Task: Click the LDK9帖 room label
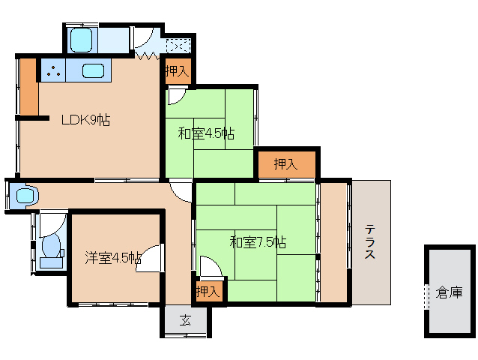[x=85, y=120]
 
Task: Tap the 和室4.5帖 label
[x=206, y=133]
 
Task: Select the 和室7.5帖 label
[x=258, y=242]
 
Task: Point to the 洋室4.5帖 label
[x=113, y=258]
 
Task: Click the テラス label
[x=370, y=241]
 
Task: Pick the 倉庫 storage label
[x=450, y=292]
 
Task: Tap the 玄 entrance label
[x=185, y=320]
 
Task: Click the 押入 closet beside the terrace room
[x=286, y=164]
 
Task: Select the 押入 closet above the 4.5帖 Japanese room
[x=178, y=71]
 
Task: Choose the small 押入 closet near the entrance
[x=208, y=291]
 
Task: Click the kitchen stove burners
[x=53, y=70]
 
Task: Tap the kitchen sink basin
[x=94, y=70]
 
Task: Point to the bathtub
[x=81, y=40]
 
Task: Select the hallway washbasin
[x=25, y=195]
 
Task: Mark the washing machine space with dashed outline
[x=178, y=46]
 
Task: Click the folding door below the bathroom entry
[x=148, y=55]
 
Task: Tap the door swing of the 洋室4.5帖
[x=149, y=258]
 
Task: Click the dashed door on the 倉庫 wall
[x=426, y=296]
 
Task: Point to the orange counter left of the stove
[x=29, y=87]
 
